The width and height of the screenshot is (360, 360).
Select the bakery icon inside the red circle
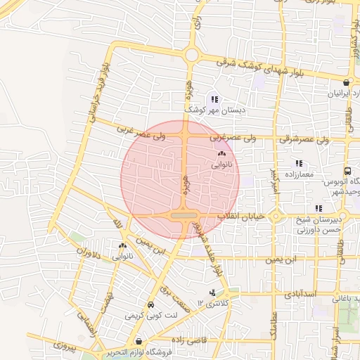[x=221, y=153]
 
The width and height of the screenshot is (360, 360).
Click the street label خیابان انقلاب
[x=242, y=217]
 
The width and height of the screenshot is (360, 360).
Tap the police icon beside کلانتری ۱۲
[x=212, y=292]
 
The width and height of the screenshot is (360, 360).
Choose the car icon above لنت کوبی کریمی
[x=150, y=304]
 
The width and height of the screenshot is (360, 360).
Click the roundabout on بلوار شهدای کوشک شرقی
[x=191, y=56]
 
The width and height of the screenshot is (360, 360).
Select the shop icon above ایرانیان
[x=345, y=83]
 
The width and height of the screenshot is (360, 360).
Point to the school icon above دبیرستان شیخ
[x=319, y=207]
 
